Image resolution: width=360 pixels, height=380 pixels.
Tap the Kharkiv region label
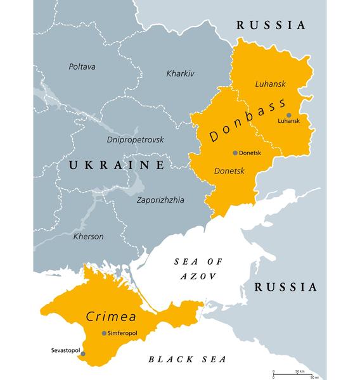180,73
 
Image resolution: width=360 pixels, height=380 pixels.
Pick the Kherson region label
88,236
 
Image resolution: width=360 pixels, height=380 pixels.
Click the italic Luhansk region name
271,83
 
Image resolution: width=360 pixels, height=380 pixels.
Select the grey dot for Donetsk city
235,153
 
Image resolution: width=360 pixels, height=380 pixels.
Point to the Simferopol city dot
103,333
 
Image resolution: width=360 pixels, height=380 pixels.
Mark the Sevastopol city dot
83,354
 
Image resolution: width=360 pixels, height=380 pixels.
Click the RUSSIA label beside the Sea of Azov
285,287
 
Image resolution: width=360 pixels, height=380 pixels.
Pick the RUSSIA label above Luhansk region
271,25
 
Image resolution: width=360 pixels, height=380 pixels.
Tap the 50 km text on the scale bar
299,370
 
